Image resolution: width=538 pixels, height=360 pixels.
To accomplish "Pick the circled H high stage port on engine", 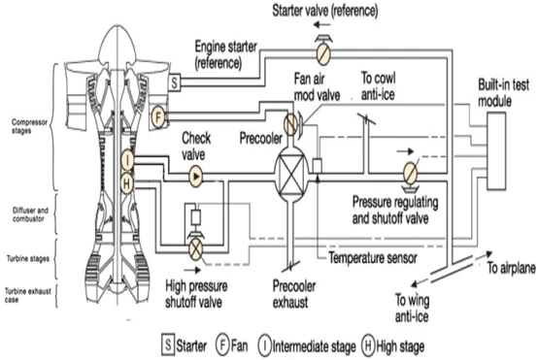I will (x=128, y=182).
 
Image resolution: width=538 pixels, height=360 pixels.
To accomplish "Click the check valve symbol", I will (x=195, y=177).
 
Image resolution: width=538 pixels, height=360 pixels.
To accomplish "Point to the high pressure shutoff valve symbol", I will (x=194, y=246).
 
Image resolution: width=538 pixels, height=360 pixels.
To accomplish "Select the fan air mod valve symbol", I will (x=289, y=125).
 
